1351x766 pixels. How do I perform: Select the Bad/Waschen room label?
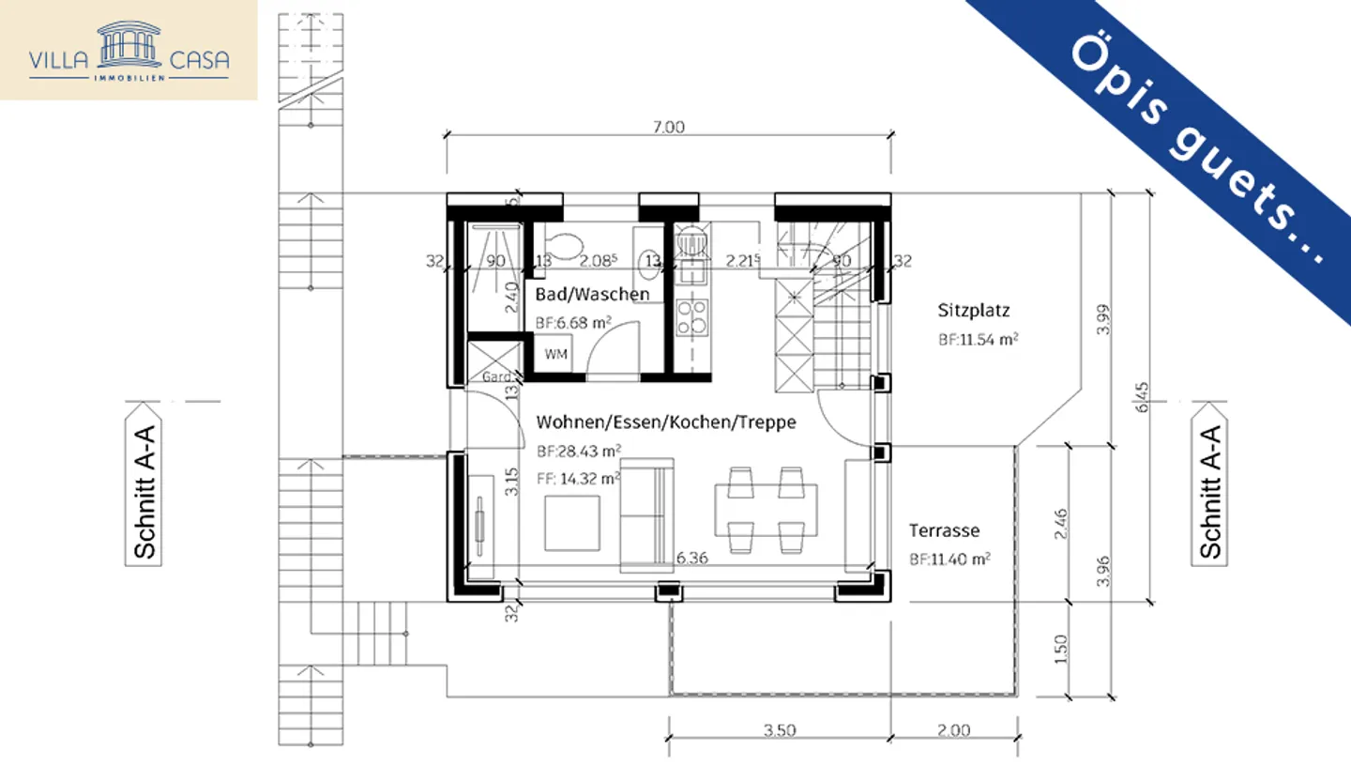592,295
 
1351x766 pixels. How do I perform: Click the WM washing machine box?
555,355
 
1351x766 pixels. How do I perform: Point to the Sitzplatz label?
973,310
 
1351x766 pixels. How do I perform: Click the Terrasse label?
944,530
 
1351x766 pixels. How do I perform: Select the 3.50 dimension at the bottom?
780,730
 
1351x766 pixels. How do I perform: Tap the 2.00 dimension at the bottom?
953,730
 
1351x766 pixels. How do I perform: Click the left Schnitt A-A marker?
144,485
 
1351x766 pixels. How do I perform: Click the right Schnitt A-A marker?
1209,485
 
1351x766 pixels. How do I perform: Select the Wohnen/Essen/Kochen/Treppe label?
665,422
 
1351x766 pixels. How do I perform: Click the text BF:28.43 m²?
578,451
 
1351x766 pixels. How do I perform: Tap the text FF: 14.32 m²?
578,479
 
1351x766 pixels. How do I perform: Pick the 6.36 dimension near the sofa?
692,559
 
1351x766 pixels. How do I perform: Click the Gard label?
493,377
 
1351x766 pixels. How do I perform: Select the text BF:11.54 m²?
978,340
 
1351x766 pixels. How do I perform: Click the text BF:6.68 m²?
573,323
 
